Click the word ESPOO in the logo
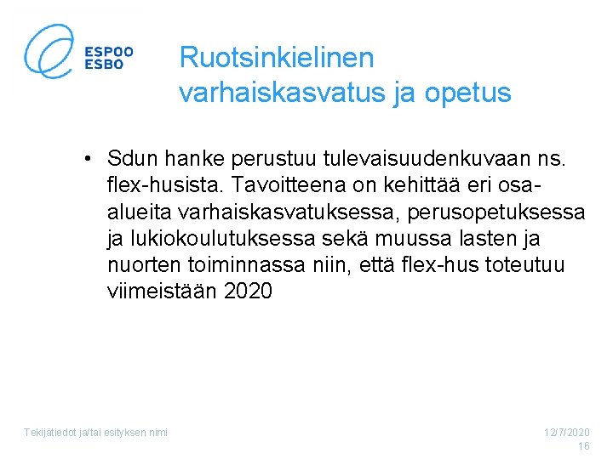point(108,50)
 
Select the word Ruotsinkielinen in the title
point(277,58)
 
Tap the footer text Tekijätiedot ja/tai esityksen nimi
point(95,433)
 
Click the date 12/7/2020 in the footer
point(567,433)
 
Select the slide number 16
point(583,446)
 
